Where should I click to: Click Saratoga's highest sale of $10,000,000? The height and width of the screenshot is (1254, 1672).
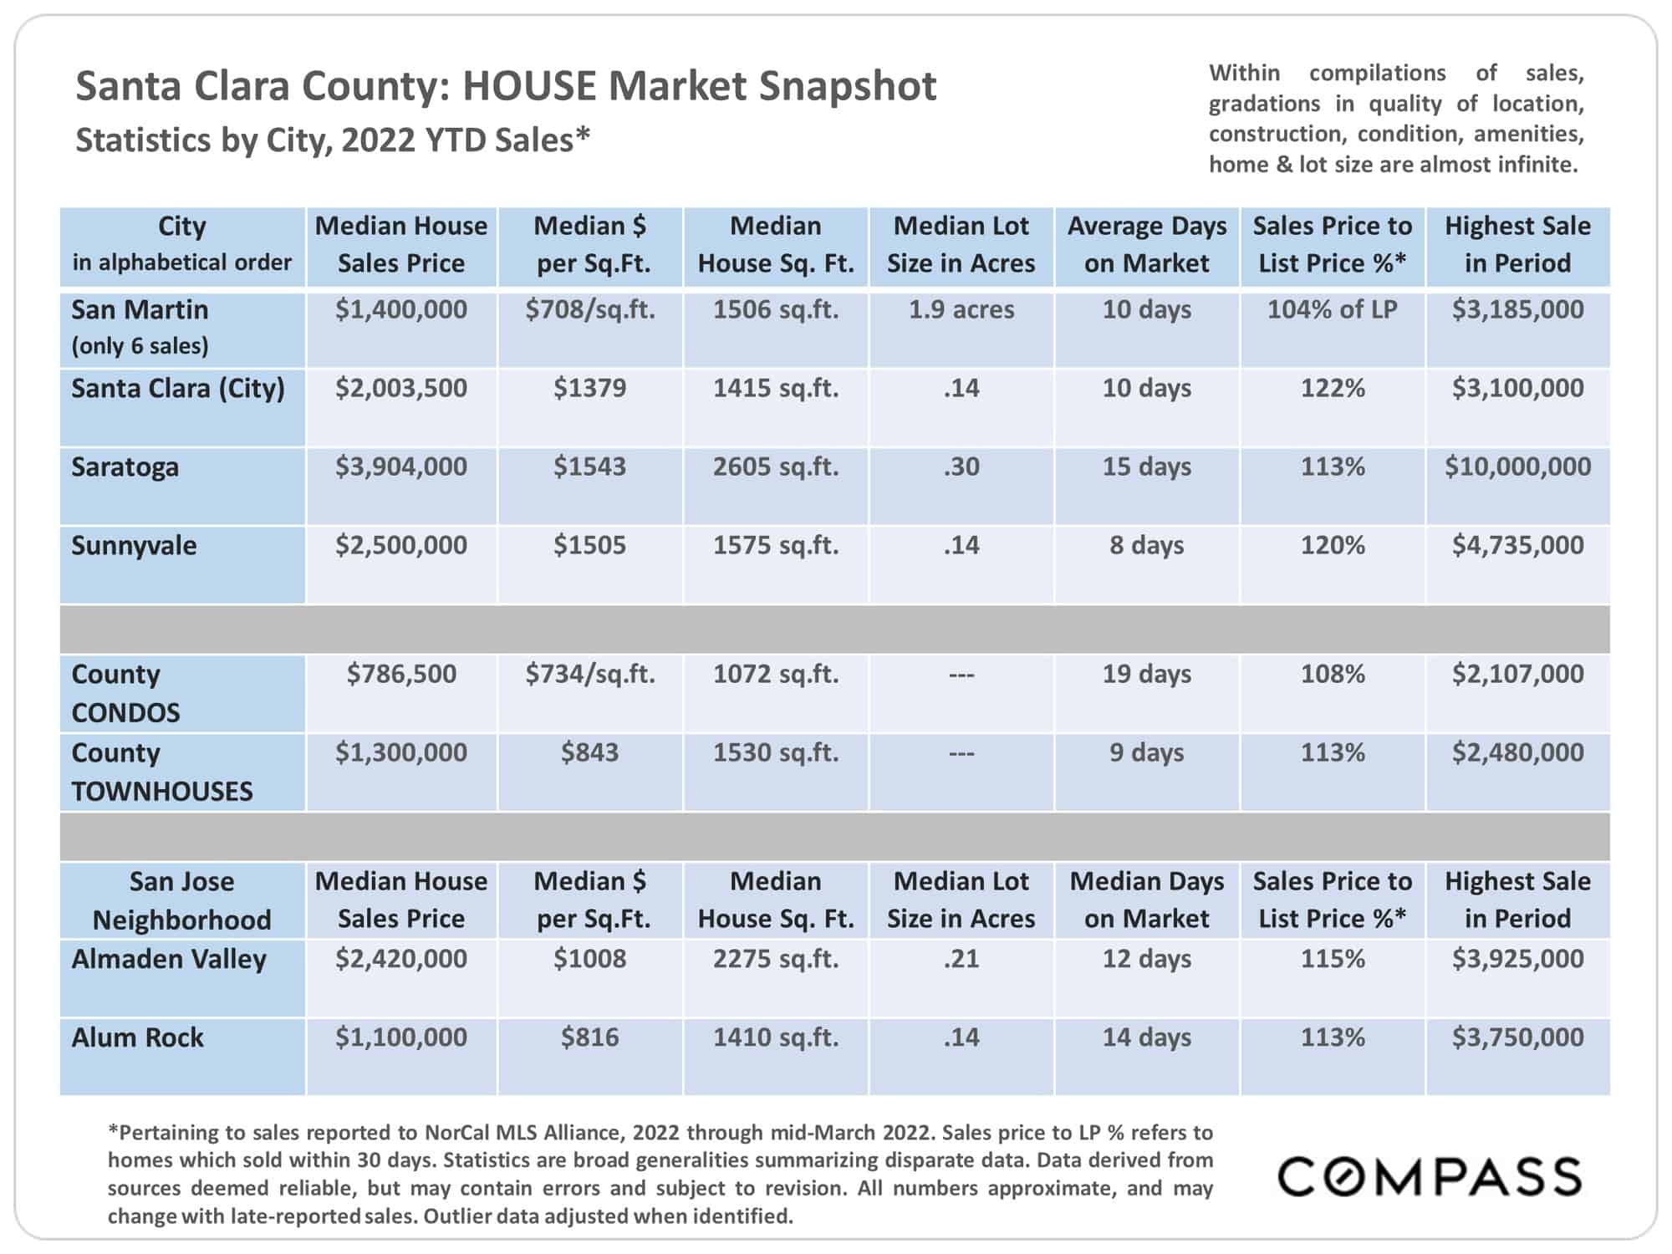(x=1517, y=466)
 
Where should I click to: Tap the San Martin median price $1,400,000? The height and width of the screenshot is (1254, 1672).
(x=401, y=309)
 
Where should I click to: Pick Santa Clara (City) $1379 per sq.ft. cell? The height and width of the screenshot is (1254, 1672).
(x=589, y=388)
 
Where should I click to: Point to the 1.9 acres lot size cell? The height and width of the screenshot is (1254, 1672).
(x=961, y=309)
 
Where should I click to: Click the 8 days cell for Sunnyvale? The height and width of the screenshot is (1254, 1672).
(x=1147, y=545)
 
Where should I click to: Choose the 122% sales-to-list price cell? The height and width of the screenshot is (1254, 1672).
(x=1333, y=388)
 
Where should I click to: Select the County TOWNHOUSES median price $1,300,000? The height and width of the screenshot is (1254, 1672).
(x=401, y=752)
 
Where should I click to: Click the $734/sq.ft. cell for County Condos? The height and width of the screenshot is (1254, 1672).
(x=590, y=674)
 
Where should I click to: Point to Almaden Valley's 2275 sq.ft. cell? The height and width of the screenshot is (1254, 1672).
(x=776, y=958)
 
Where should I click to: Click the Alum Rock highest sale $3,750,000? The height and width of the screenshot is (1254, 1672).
(x=1517, y=1037)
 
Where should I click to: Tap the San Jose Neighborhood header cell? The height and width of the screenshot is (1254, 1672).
(x=182, y=900)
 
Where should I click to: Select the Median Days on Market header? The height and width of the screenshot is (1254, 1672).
(x=1147, y=900)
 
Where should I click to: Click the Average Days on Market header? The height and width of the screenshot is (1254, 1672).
(x=1147, y=244)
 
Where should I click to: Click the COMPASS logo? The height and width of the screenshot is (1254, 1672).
(x=1430, y=1176)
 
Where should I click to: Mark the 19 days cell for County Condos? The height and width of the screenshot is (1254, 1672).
(x=1147, y=674)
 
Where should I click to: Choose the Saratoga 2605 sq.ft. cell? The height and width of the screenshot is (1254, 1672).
(x=776, y=466)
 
